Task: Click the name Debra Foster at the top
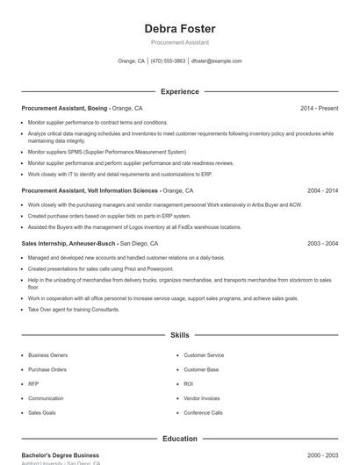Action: pyautogui.click(x=180, y=29)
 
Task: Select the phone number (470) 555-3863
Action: pyautogui.click(x=168, y=61)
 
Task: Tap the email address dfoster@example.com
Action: pyautogui.click(x=216, y=61)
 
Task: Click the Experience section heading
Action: pyautogui.click(x=180, y=91)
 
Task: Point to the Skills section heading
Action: pyautogui.click(x=180, y=335)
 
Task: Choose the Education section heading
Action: pyautogui.click(x=180, y=439)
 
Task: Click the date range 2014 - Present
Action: pyautogui.click(x=319, y=108)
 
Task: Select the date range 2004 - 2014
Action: pyautogui.click(x=322, y=190)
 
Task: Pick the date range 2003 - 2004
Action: pyautogui.click(x=322, y=243)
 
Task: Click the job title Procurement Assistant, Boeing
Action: pyautogui.click(x=65, y=108)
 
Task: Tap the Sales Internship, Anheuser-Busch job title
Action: pyautogui.click(x=68, y=243)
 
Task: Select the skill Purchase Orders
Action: pyautogui.click(x=47, y=369)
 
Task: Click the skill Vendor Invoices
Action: pyautogui.click(x=202, y=397)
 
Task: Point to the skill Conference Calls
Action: pyautogui.click(x=203, y=412)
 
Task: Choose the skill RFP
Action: pyautogui.click(x=33, y=383)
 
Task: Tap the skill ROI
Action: pyautogui.click(x=189, y=383)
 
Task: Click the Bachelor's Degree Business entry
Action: pyautogui.click(x=61, y=455)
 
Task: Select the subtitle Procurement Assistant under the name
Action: pyautogui.click(x=180, y=42)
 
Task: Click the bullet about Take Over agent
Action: pyautogui.click(x=74, y=310)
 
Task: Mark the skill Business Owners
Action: pyautogui.click(x=47, y=355)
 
